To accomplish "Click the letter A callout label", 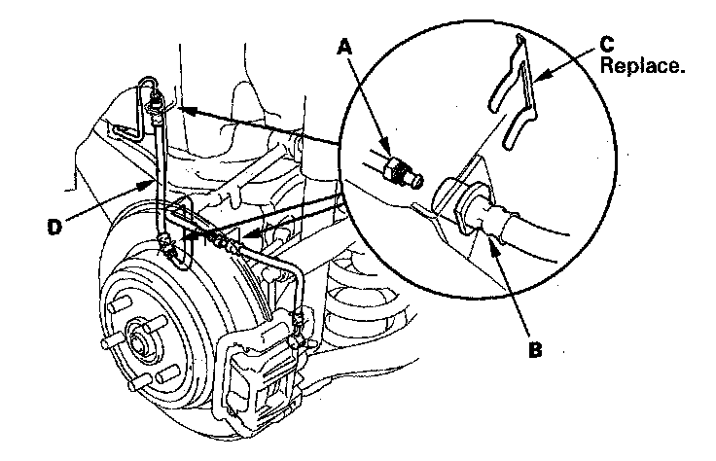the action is (345, 47).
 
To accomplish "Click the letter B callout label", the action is (535, 349).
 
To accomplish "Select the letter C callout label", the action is (607, 45).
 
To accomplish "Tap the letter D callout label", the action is (54, 227).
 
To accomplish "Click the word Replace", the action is (642, 66).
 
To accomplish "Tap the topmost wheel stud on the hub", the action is (116, 307).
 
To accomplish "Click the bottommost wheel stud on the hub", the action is (137, 382).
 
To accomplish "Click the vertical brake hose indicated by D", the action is (160, 178).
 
